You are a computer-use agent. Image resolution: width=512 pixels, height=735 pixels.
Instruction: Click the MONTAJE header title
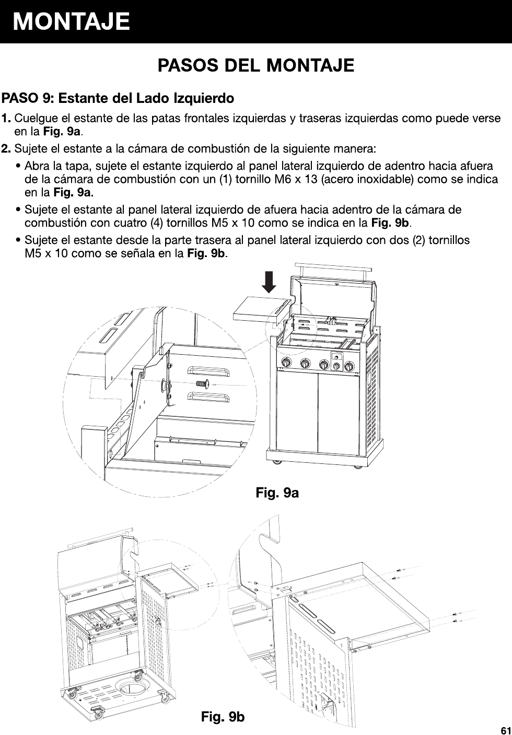pos(72,21)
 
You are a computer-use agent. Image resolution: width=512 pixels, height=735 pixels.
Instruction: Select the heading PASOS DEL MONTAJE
pos(256,66)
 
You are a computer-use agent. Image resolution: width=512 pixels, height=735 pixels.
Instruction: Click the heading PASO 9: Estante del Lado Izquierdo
pos(118,98)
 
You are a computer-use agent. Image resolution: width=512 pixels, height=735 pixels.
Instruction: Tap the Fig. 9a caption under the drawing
pos(277,492)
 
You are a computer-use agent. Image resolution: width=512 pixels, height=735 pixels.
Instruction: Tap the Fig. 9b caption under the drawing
pos(223,717)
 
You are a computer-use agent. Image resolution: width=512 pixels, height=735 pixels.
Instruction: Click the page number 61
pos(505,729)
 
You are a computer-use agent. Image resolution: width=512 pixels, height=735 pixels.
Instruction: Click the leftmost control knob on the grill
pos(286,363)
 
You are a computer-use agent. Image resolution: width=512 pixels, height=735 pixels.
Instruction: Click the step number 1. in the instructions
pos(7,119)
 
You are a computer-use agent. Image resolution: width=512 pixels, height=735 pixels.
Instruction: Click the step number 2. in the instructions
pos(7,149)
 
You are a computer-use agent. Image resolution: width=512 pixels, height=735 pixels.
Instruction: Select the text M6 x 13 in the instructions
pos(297,180)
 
